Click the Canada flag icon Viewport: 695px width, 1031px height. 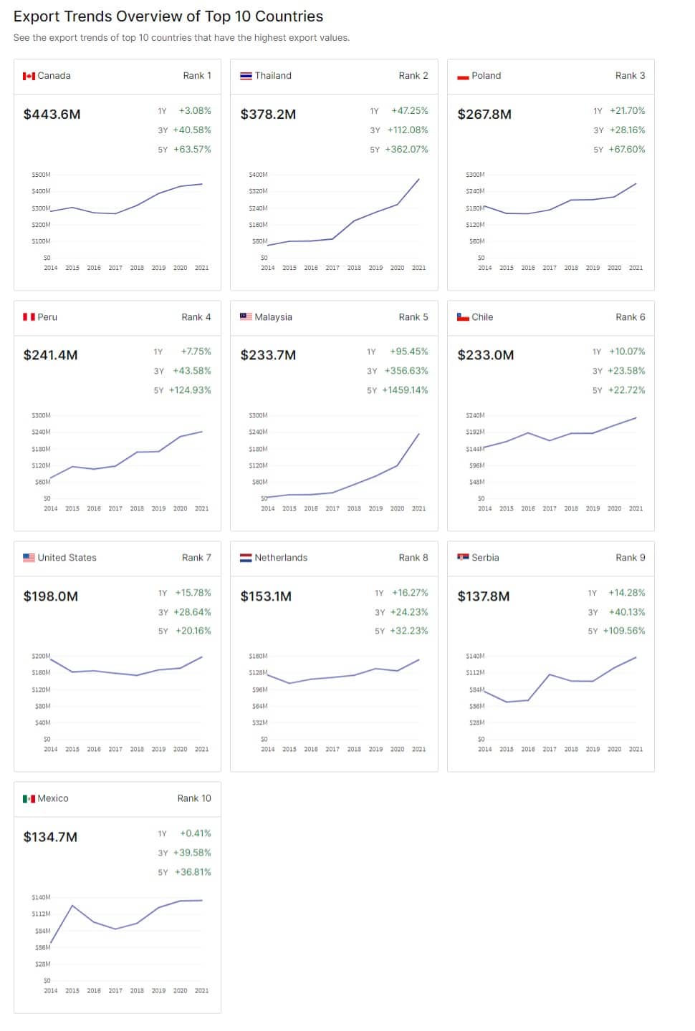(x=29, y=76)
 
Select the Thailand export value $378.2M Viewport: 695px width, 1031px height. (x=268, y=114)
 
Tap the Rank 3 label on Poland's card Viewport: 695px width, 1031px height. (x=630, y=76)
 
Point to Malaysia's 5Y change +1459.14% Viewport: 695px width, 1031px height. (x=405, y=390)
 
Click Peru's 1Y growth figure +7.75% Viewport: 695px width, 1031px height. (x=196, y=352)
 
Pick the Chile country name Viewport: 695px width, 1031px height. (x=482, y=317)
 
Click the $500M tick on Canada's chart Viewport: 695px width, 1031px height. (x=41, y=175)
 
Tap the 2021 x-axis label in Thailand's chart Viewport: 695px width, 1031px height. (x=418, y=268)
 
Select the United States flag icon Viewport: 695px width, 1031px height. (x=29, y=558)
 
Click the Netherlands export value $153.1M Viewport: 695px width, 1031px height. (x=266, y=596)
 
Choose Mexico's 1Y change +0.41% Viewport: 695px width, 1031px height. (x=195, y=833)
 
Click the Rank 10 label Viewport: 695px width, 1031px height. (x=194, y=798)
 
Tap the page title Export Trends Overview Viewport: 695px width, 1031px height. (x=168, y=16)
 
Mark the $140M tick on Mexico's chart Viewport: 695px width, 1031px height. (x=41, y=897)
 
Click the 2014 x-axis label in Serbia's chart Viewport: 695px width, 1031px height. (x=484, y=750)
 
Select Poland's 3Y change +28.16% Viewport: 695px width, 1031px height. (x=627, y=130)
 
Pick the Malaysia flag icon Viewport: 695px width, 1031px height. (x=246, y=316)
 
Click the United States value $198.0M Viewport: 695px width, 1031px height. (x=51, y=596)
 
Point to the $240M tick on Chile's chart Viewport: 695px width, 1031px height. (x=475, y=415)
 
